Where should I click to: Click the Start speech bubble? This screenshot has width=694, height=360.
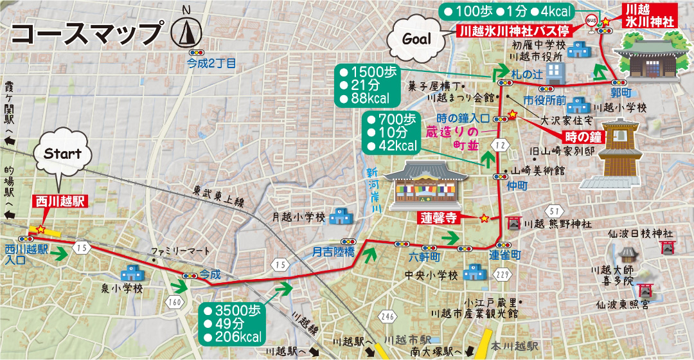pos(62,154)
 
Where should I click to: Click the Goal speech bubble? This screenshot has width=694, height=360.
pos(416,39)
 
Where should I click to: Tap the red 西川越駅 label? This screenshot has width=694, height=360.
pos(58,201)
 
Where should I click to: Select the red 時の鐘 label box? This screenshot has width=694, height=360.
pos(583,137)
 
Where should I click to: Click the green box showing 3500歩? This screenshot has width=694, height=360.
pos(233,323)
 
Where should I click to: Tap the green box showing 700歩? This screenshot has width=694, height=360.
pos(391,132)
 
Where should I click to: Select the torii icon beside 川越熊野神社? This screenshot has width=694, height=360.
pos(513,224)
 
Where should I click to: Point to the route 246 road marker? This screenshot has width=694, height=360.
pos(387,316)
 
